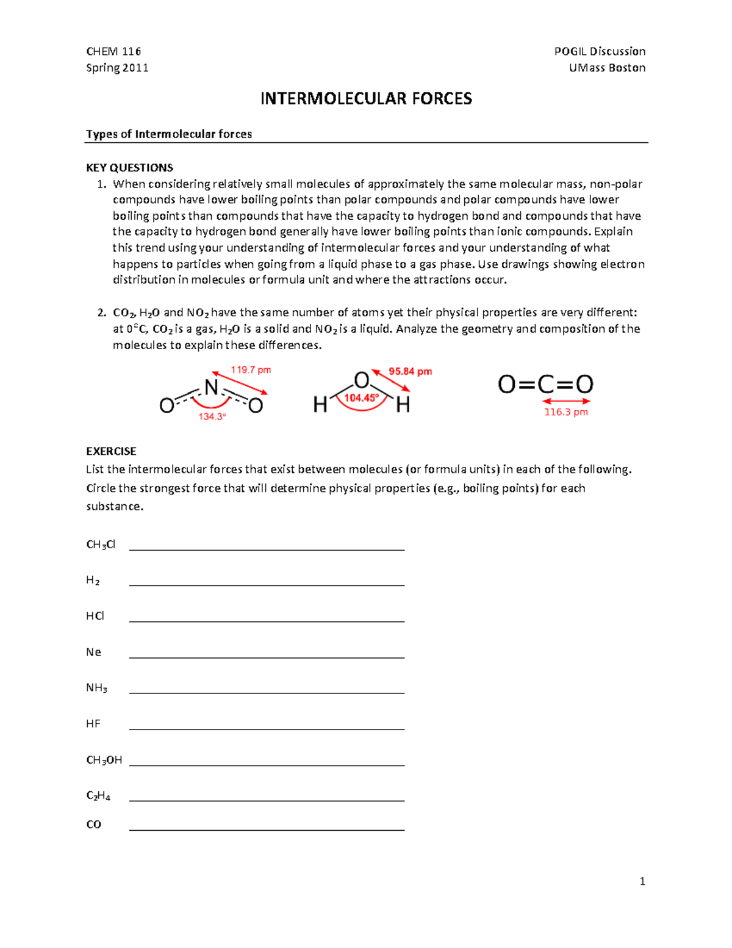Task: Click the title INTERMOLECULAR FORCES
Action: [x=366, y=99]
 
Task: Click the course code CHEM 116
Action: [x=113, y=51]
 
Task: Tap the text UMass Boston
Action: [x=607, y=68]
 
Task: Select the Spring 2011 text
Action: [x=117, y=68]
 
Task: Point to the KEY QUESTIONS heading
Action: [x=129, y=168]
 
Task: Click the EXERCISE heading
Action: [x=111, y=451]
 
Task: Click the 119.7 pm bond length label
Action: [x=251, y=370]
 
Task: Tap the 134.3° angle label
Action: [x=212, y=416]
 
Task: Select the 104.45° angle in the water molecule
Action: [x=361, y=398]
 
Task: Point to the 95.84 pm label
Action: [x=410, y=371]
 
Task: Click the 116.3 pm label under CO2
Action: [x=566, y=412]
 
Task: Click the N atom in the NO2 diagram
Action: [x=211, y=388]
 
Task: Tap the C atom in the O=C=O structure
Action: [x=545, y=385]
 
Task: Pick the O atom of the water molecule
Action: [x=362, y=380]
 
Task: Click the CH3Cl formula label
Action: [x=101, y=545]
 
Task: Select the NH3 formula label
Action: [x=96, y=688]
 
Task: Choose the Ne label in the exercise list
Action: [x=93, y=652]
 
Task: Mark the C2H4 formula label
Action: [x=98, y=796]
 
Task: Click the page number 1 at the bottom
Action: [x=642, y=881]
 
